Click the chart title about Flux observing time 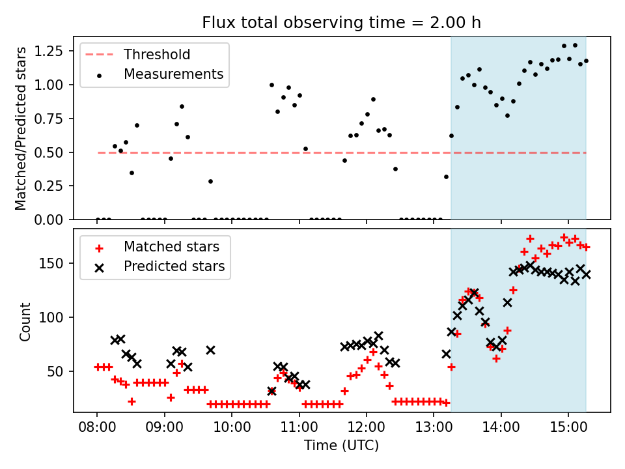[x=342, y=23]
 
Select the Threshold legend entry [x=156, y=54]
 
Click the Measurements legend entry [x=173, y=74]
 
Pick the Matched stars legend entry [x=171, y=247]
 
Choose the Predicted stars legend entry [x=174, y=266]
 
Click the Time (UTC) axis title [x=342, y=446]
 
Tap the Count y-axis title [x=25, y=321]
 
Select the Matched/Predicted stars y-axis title [x=21, y=128]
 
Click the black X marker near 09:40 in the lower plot [x=210, y=350]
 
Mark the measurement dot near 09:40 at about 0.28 [x=210, y=181]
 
